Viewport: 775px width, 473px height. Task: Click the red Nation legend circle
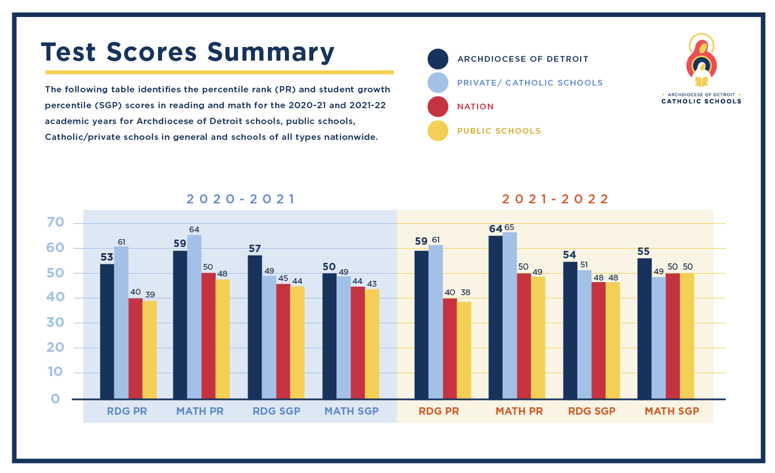tap(438, 107)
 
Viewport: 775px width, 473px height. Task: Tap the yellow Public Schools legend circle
tap(438, 131)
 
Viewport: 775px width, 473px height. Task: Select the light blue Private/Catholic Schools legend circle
tap(438, 83)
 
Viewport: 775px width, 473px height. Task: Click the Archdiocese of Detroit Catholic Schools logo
tap(701, 68)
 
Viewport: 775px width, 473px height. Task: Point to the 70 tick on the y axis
tap(55, 222)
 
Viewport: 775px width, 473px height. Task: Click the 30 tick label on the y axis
tap(55, 322)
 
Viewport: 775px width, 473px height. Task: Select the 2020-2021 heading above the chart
tap(241, 199)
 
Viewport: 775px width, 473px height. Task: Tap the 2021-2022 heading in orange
tap(555, 199)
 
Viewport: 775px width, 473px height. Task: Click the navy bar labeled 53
tap(107, 331)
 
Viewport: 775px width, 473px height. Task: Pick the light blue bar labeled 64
tap(194, 317)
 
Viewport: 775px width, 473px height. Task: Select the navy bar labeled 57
tap(255, 327)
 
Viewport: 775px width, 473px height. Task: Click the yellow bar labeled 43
tap(372, 344)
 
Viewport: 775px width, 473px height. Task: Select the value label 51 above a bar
tap(584, 265)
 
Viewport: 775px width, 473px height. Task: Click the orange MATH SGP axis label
tap(672, 411)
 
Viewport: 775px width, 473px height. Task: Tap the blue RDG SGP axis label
tap(277, 411)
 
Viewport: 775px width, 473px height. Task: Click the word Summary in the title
tap(271, 52)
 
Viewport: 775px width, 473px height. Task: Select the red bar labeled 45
tap(283, 341)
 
